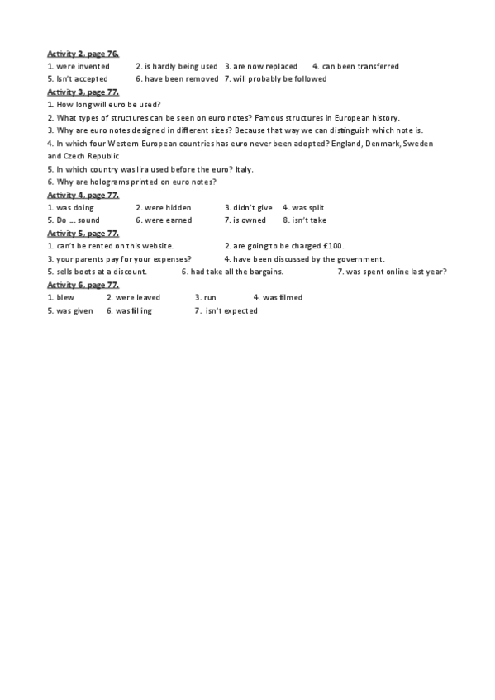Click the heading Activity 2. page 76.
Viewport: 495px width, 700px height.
pyautogui.click(x=83, y=54)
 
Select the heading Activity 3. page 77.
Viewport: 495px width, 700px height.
pyautogui.click(x=83, y=92)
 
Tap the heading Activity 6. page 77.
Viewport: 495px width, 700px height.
pyautogui.click(x=83, y=285)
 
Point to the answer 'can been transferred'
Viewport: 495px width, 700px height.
pyautogui.click(x=360, y=67)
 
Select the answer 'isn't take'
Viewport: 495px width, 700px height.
pyautogui.click(x=310, y=220)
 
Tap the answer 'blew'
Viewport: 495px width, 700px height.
pyautogui.click(x=64, y=298)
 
